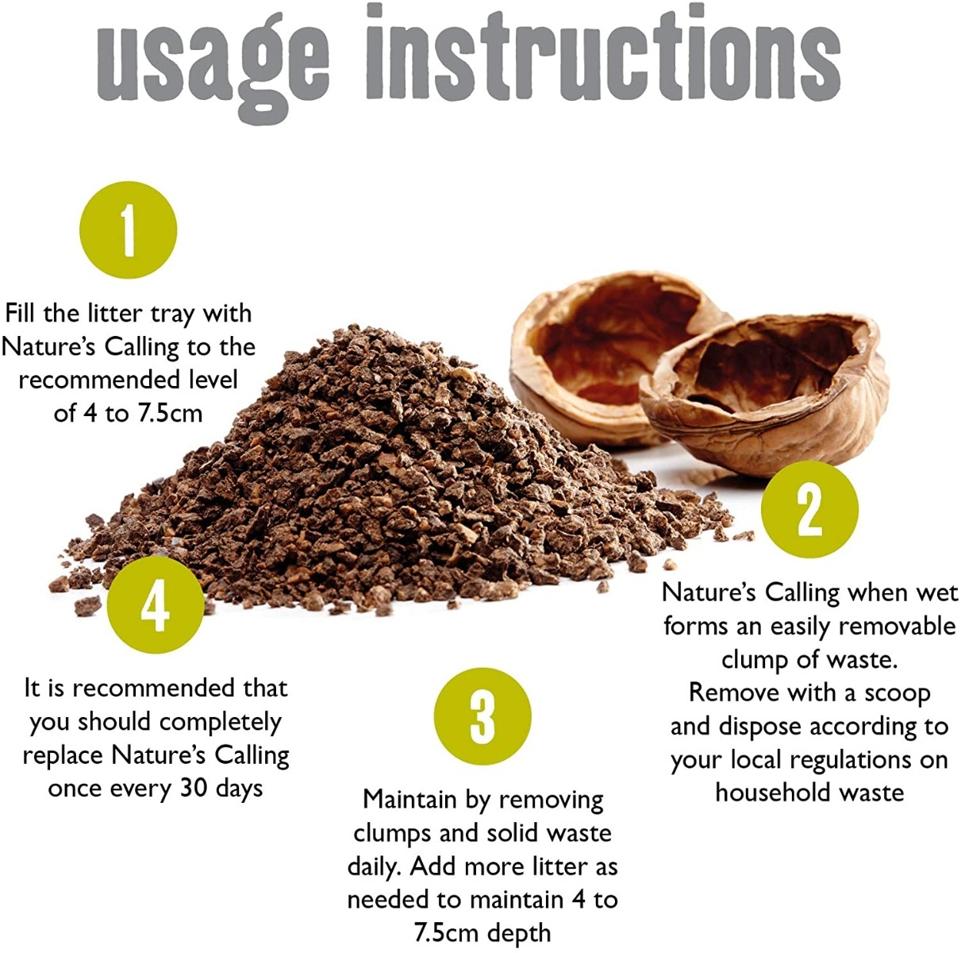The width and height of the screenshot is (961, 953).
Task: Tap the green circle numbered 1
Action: (x=129, y=230)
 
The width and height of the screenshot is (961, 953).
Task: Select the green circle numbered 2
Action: (x=810, y=509)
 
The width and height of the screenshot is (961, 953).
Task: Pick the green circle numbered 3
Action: (x=482, y=716)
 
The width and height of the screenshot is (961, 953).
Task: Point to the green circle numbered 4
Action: (x=155, y=604)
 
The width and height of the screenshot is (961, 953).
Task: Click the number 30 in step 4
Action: (x=194, y=789)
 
